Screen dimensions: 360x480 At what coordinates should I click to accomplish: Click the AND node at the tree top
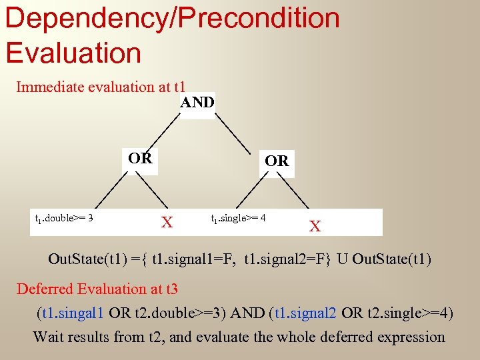(197, 103)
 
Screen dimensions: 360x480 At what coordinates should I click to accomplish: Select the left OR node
(140, 159)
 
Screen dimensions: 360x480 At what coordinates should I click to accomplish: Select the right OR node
(276, 161)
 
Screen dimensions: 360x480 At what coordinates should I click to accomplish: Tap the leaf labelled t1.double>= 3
(63, 218)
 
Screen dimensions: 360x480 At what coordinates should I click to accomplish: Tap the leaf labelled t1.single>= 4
(238, 218)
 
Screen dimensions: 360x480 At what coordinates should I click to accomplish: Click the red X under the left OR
(167, 223)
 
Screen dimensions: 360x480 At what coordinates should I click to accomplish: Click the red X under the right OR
(315, 227)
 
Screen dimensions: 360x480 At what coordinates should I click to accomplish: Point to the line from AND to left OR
(165, 130)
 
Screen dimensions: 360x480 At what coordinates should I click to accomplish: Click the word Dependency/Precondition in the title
(172, 18)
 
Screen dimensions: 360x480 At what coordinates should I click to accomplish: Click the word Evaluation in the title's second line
(73, 53)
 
